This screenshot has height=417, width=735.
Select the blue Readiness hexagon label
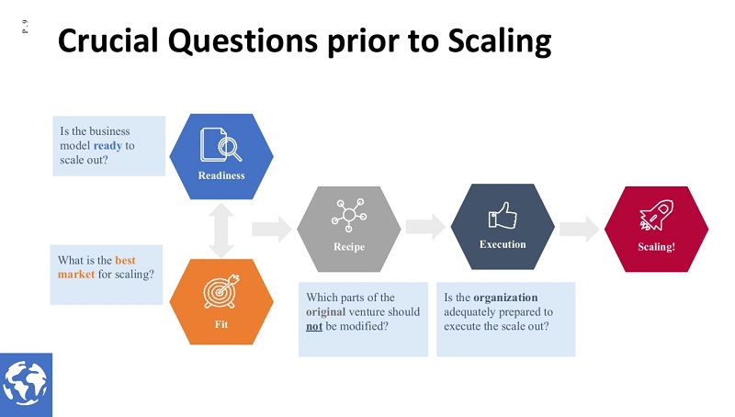(x=221, y=175)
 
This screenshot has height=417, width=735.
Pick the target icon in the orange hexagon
(x=221, y=287)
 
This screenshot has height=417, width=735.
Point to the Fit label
(x=221, y=322)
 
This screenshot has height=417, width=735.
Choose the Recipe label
(x=348, y=247)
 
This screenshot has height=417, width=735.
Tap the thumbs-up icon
(x=503, y=215)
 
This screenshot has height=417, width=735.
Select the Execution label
(x=503, y=244)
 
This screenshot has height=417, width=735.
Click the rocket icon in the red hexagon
(x=656, y=217)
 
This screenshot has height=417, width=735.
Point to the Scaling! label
(x=656, y=247)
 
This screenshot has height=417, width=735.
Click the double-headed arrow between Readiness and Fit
(x=221, y=230)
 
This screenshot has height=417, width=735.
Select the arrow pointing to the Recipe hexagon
(x=271, y=228)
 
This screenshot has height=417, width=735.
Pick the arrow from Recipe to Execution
(x=425, y=228)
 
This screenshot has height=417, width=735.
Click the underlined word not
(x=314, y=326)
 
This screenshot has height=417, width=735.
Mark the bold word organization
(x=505, y=298)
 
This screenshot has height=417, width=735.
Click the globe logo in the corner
(x=26, y=385)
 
